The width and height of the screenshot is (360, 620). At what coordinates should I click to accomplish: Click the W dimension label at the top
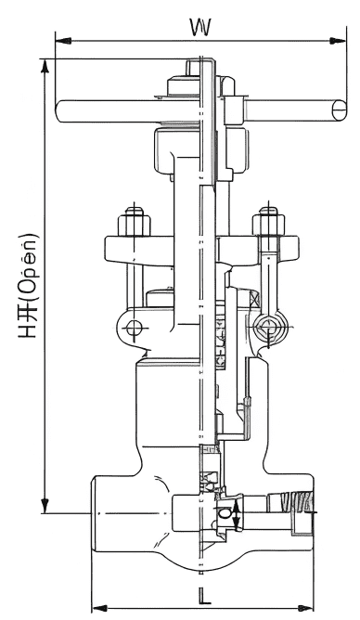tap(200, 28)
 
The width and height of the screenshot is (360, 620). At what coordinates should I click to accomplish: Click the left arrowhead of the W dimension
tap(63, 40)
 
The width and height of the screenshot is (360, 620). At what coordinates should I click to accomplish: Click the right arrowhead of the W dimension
tap(338, 40)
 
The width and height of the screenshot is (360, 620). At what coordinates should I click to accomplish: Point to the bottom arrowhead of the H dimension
tap(45, 505)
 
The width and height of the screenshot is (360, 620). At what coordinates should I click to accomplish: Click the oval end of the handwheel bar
tap(339, 111)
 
